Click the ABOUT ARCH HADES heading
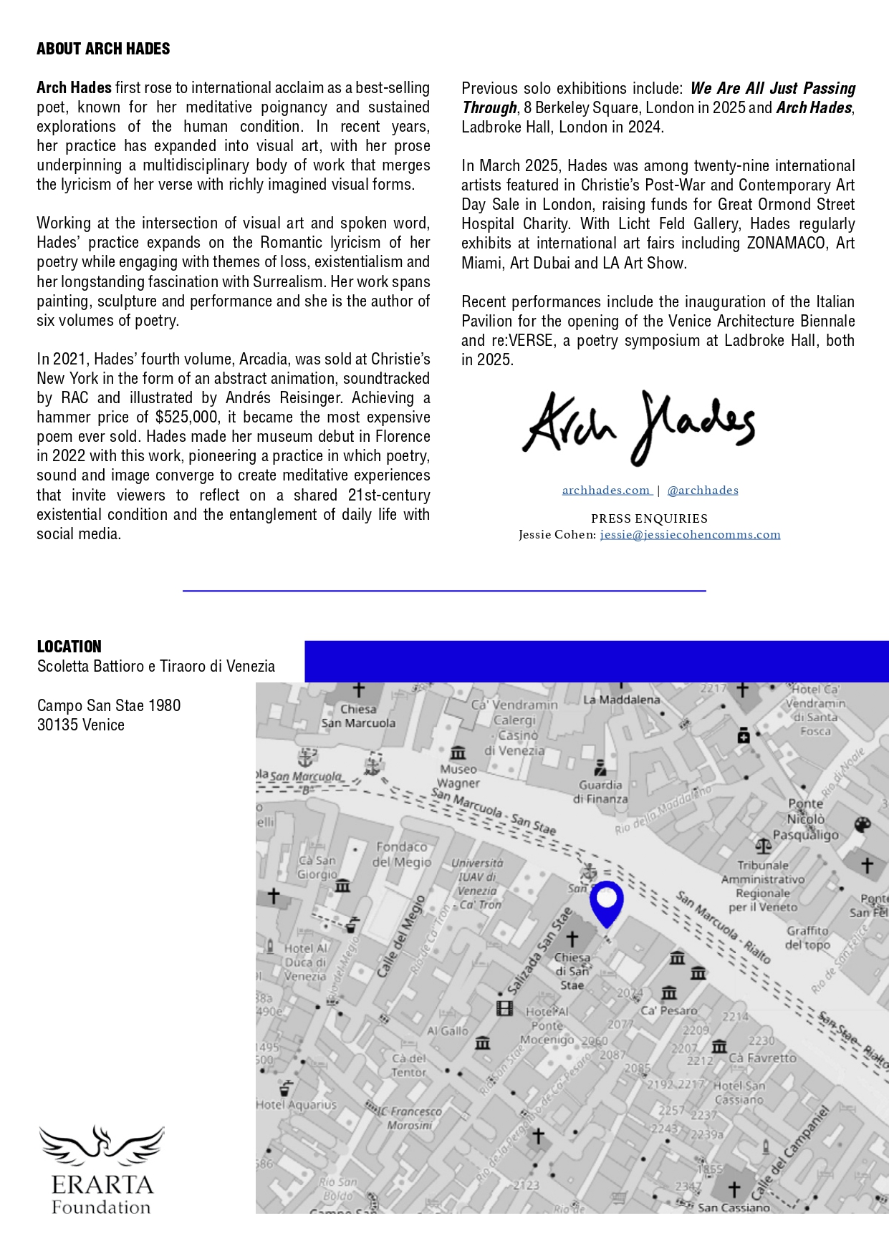(x=103, y=49)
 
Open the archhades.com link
(x=606, y=491)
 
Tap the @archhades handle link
(x=702, y=491)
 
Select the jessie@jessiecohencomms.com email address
(x=690, y=535)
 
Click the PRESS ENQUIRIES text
(x=649, y=518)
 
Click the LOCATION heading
(x=69, y=647)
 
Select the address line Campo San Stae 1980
(x=109, y=706)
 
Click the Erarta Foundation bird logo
(x=101, y=1145)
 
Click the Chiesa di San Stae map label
(x=572, y=971)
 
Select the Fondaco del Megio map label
(x=401, y=854)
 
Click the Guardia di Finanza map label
(x=600, y=791)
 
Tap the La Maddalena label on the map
(x=621, y=700)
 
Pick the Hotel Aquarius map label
(x=296, y=1105)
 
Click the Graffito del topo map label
(x=807, y=937)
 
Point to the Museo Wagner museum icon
(x=458, y=753)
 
